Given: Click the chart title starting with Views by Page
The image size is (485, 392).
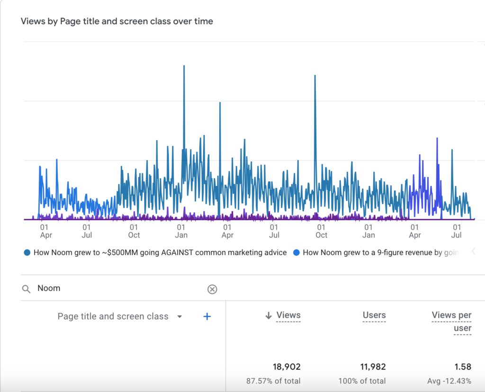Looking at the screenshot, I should (117, 21).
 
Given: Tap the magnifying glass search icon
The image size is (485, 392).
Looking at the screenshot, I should (27, 289).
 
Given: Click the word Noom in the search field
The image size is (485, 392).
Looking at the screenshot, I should (49, 288).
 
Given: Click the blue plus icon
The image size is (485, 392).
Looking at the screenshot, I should (207, 317).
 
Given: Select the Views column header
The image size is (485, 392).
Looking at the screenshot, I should (288, 315).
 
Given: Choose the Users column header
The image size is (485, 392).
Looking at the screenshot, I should (374, 315).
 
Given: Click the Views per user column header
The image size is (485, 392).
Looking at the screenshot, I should (451, 321).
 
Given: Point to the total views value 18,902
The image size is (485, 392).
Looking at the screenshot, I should (287, 367).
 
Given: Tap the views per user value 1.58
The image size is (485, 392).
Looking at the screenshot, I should (463, 367).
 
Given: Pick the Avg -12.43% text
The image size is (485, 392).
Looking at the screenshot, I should (449, 381).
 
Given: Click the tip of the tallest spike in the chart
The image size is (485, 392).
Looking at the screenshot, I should (184, 66).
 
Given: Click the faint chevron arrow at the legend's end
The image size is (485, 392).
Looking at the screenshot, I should (473, 252).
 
